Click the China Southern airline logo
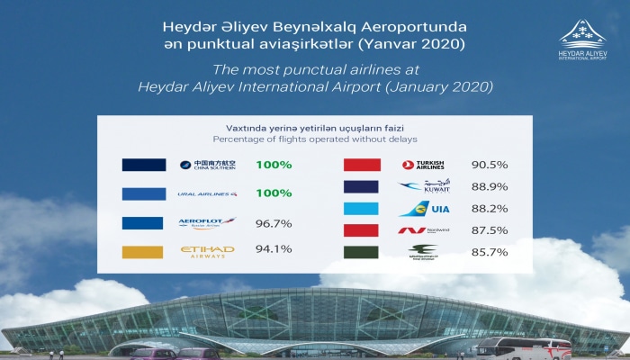click(x=208, y=165)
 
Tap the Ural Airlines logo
click(x=208, y=193)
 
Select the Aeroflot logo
click(x=207, y=221)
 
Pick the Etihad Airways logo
click(x=207, y=251)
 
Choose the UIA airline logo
click(x=422, y=209)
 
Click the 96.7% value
click(x=274, y=221)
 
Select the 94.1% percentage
click(x=274, y=251)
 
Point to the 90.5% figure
click(x=490, y=165)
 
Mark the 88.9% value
click(x=490, y=186)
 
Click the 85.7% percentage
click(x=490, y=252)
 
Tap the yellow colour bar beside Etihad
click(x=143, y=251)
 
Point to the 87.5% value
click(x=490, y=230)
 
